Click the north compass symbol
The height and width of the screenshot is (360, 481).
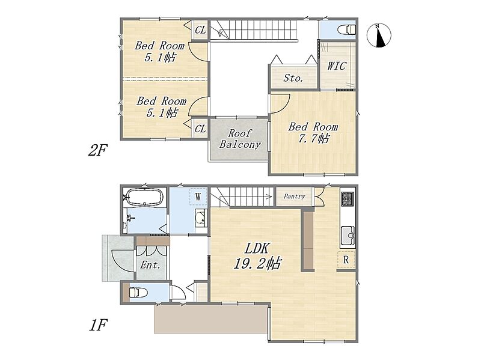[379, 35]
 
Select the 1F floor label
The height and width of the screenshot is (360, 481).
[98, 325]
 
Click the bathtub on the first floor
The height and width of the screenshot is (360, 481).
[144, 197]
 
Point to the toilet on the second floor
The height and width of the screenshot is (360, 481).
[347, 30]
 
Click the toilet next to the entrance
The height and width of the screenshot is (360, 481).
[138, 292]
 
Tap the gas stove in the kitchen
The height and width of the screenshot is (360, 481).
[348, 199]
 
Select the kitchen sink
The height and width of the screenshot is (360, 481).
[348, 236]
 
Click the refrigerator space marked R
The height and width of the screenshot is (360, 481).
[346, 260]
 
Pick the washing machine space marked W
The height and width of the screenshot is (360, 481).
[198, 197]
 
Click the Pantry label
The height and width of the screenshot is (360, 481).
[294, 197]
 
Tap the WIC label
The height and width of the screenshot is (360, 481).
[337, 66]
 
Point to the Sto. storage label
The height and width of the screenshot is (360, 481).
[293, 78]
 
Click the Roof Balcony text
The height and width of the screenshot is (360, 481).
[240, 139]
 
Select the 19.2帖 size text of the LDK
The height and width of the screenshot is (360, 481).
[257, 263]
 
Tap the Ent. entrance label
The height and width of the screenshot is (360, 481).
[150, 264]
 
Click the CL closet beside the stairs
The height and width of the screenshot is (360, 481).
[200, 30]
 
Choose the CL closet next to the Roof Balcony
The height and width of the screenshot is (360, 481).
[200, 129]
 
